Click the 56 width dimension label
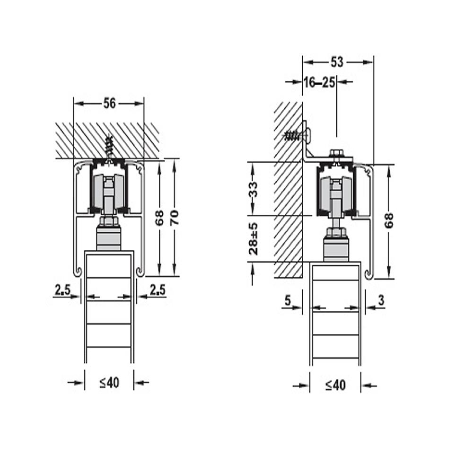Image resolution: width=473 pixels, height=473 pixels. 110,104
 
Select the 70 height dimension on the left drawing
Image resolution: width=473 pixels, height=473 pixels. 175,217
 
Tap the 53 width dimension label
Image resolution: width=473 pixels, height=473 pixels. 337,62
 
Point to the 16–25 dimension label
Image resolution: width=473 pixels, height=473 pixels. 319,82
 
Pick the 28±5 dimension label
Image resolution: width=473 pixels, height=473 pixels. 254,238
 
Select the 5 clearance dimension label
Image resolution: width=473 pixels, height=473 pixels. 288,300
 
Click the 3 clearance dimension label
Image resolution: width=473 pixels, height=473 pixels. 381,300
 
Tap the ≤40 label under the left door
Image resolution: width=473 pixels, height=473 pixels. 110,383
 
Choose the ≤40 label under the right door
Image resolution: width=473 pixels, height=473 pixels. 335,385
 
